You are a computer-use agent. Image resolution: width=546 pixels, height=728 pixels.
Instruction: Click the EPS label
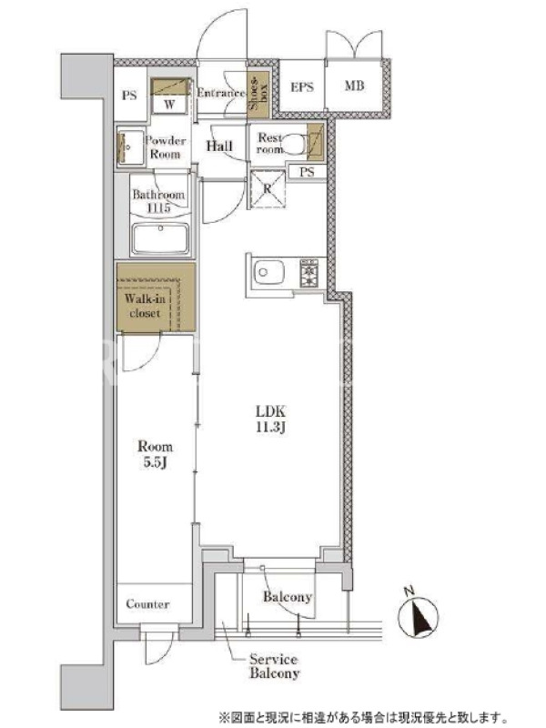click(302, 86)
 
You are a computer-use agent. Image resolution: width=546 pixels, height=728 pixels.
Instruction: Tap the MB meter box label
click(355, 86)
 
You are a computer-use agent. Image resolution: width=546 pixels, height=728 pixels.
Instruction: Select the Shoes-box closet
click(258, 96)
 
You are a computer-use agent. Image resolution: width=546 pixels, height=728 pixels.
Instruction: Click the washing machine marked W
click(170, 96)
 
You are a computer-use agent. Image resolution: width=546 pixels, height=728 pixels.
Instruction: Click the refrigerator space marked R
click(268, 189)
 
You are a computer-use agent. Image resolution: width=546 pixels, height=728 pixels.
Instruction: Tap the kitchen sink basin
click(268, 272)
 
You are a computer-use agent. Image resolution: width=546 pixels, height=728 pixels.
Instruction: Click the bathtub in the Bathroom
click(160, 238)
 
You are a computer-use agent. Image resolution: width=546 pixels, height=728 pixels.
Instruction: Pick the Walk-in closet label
click(145, 306)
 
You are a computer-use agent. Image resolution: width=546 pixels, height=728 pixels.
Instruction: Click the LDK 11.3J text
click(270, 420)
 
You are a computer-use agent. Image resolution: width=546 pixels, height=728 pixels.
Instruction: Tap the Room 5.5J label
click(155, 454)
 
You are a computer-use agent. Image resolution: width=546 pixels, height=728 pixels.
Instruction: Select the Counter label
click(147, 604)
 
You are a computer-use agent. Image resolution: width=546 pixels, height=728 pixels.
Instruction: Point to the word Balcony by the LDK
click(288, 597)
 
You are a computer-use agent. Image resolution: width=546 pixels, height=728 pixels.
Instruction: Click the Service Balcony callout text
click(275, 666)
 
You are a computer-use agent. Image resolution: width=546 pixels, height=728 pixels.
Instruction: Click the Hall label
click(219, 146)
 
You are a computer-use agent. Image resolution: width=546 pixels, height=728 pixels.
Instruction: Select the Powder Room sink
click(129, 147)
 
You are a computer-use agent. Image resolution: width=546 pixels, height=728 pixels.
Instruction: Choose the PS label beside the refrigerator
click(307, 172)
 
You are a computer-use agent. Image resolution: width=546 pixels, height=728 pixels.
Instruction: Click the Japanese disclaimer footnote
click(362, 717)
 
